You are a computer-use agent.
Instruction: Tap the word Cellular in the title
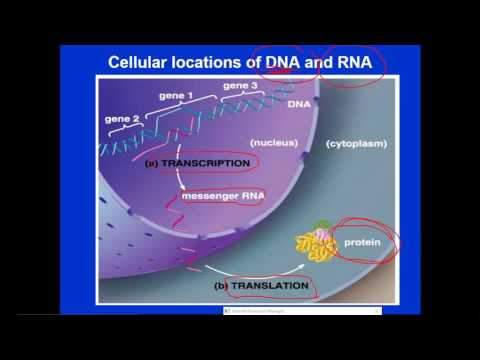[x=141, y=65]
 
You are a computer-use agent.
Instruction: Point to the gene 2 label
[x=122, y=120]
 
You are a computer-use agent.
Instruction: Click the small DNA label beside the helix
[x=297, y=103]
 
